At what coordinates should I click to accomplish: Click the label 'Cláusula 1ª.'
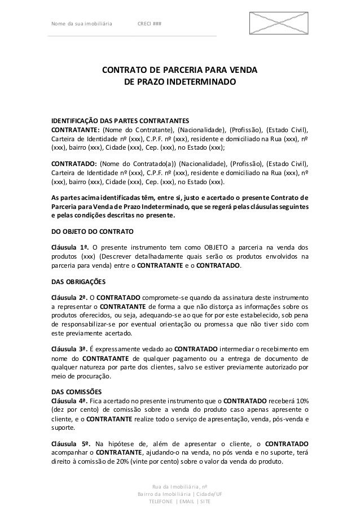(x=69, y=247)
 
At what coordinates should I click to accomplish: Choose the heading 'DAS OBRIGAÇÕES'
(x=80, y=282)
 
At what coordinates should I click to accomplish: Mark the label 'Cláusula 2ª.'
(x=69, y=297)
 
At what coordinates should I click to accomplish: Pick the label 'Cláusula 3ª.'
(x=69, y=348)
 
